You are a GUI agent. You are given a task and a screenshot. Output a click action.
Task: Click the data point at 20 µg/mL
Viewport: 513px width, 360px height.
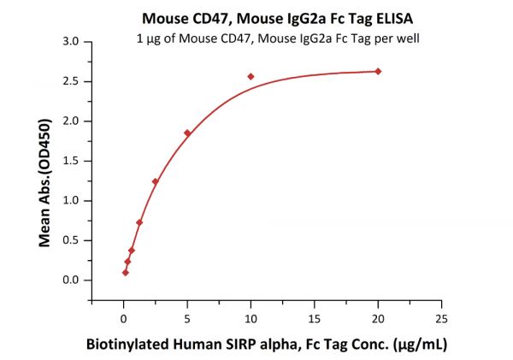[378, 71]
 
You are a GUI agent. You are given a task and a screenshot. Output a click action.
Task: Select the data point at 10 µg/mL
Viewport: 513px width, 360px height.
[251, 76]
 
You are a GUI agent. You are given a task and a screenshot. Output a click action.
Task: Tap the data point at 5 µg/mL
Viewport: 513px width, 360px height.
[187, 133]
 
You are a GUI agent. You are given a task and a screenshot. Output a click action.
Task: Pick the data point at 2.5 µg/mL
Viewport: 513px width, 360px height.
[155, 181]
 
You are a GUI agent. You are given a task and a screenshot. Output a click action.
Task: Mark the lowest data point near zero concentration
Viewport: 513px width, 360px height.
[126, 273]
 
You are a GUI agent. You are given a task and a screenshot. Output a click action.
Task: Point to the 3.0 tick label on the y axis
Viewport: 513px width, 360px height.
[72, 41]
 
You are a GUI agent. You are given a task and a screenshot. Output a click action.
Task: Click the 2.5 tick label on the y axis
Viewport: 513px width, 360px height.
[72, 81]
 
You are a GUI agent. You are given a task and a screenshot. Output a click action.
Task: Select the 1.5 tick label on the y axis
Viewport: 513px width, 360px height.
[72, 161]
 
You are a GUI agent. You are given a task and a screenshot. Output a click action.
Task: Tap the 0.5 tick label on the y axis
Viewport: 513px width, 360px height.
[72, 240]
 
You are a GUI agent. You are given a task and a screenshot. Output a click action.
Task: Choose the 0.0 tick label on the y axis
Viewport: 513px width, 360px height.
[72, 280]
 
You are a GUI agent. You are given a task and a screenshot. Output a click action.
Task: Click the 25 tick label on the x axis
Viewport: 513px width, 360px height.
[441, 318]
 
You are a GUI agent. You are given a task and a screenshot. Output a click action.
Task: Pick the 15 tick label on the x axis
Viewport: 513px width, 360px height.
[314, 318]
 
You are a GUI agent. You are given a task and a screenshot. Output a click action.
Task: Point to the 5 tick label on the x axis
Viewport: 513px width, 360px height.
[187, 318]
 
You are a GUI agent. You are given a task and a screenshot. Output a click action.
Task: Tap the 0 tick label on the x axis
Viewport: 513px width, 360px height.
[124, 318]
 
